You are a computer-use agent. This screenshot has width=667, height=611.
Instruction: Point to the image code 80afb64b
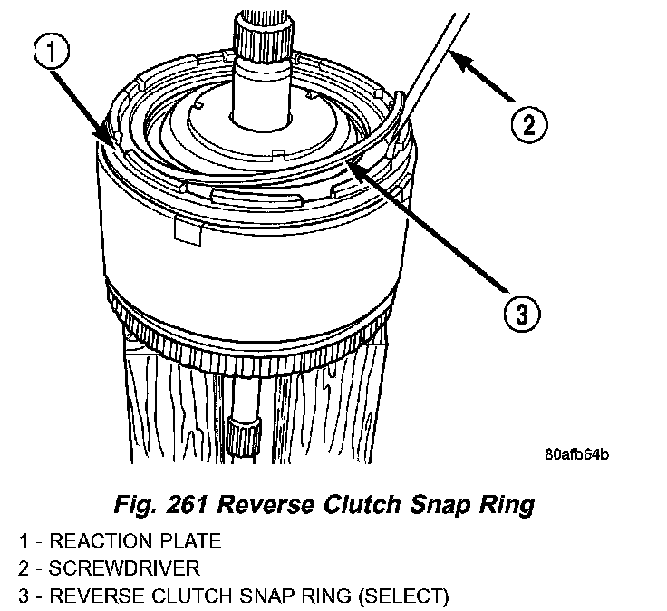pos(577,454)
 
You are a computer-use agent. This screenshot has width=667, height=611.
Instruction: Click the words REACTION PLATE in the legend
pos(135,543)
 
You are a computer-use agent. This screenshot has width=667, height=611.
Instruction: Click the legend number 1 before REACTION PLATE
pos(22,543)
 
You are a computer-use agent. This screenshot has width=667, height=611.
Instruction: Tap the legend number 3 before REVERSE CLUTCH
pos(22,596)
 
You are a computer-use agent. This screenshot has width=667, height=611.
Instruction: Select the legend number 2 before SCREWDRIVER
pos(22,569)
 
